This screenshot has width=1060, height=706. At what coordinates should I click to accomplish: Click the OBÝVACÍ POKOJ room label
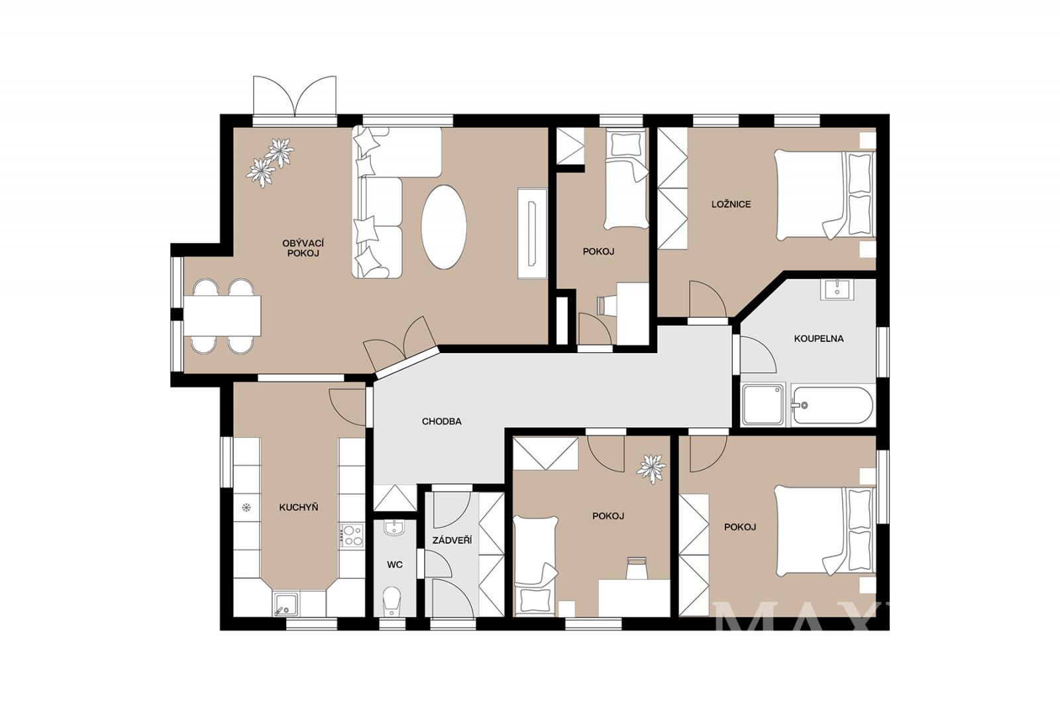pyautogui.click(x=303, y=248)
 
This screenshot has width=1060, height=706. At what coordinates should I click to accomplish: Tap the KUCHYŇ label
pyautogui.click(x=299, y=507)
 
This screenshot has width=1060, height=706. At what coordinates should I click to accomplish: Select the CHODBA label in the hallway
pyautogui.click(x=441, y=421)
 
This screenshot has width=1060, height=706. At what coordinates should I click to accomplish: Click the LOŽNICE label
pyautogui.click(x=731, y=205)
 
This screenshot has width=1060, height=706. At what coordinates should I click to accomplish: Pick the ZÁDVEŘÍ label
pyautogui.click(x=452, y=540)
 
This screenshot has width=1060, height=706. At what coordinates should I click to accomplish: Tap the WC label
pyautogui.click(x=395, y=564)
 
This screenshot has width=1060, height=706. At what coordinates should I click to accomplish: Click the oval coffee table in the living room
pyautogui.click(x=444, y=227)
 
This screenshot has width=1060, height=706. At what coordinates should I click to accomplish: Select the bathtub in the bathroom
pyautogui.click(x=832, y=405)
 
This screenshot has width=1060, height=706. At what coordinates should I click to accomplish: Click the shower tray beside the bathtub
pyautogui.click(x=763, y=405)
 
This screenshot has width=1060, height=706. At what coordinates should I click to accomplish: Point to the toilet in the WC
pyautogui.click(x=392, y=602)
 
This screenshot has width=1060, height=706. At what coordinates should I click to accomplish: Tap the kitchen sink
pyautogui.click(x=286, y=605)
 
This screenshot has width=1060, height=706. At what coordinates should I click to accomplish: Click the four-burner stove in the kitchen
pyautogui.click(x=351, y=535)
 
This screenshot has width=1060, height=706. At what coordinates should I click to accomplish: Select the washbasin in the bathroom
pyautogui.click(x=837, y=289)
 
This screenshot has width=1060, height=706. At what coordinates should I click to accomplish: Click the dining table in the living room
pyautogui.click(x=223, y=316)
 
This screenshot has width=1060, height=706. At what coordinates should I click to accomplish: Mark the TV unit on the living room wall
pyautogui.click(x=533, y=233)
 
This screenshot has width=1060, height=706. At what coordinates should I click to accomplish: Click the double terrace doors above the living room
pyautogui.click(x=294, y=97)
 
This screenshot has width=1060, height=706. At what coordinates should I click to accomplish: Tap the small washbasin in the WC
pyautogui.click(x=394, y=528)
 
